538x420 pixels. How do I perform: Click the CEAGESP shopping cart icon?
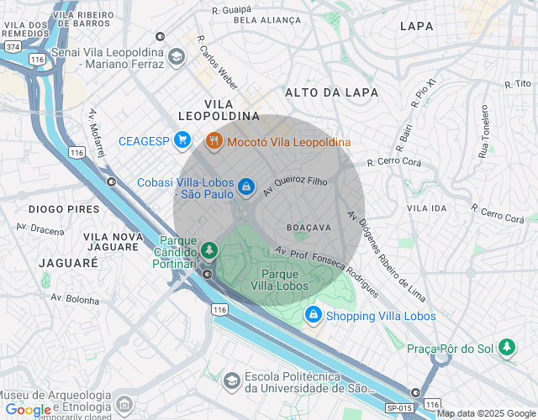pos(181,141)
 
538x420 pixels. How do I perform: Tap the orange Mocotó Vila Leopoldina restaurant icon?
pos(214,141)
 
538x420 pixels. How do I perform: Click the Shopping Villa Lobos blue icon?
pos(313,315)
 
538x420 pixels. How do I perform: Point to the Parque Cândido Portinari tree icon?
pos(208,250)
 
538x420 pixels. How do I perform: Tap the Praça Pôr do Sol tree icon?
pos(506,346)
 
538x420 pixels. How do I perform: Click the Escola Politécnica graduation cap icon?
pos(230,381)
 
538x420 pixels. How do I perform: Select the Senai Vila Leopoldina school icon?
pos(177,55)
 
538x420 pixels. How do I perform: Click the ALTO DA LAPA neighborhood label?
pos(331,92)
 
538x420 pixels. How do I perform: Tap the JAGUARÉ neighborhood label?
pos(69,262)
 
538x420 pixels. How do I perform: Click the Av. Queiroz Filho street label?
pos(294,180)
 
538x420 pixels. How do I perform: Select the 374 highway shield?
pos(12,47)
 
